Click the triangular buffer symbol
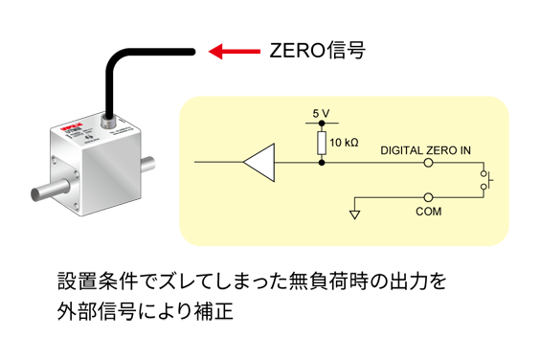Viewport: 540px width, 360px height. [x=259, y=163]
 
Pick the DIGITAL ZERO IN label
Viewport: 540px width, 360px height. [x=426, y=150]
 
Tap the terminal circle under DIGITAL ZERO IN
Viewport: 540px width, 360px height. [x=427, y=164]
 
